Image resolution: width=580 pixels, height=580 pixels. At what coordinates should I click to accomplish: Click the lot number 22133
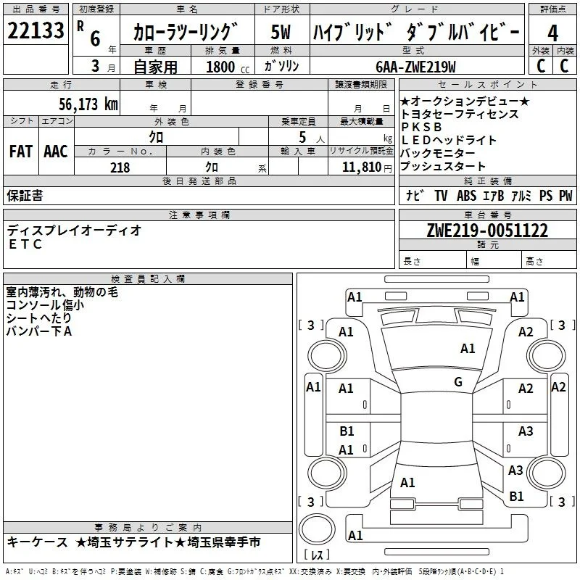(x=36, y=30)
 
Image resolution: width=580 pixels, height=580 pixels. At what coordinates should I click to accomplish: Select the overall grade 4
(x=552, y=33)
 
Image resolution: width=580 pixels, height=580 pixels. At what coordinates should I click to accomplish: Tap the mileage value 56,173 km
(x=88, y=104)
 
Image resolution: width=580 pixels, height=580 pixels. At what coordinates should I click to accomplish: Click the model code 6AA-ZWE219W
(x=415, y=67)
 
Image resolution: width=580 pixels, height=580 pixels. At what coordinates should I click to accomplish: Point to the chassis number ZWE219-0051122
(x=487, y=231)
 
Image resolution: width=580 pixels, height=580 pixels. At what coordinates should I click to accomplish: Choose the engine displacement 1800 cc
(x=228, y=67)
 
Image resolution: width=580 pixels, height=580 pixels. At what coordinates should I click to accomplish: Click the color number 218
(x=120, y=167)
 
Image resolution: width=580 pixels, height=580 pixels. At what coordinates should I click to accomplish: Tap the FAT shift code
(x=21, y=152)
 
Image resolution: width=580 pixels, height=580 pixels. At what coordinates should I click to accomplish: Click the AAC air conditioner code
(x=56, y=152)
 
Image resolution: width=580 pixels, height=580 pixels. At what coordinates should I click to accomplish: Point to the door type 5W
(x=281, y=32)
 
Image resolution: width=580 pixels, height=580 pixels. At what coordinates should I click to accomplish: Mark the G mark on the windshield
(x=458, y=382)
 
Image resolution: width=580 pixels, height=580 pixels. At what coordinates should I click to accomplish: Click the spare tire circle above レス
(x=317, y=530)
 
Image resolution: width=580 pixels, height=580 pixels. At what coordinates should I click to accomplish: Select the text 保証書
(x=25, y=196)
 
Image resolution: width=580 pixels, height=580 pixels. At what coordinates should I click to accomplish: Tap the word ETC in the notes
(x=25, y=244)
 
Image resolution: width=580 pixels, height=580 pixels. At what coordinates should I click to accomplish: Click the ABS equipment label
(x=466, y=196)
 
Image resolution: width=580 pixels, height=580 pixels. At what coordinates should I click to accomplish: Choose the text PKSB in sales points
(x=421, y=127)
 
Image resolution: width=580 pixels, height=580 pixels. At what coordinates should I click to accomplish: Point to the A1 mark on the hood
(x=468, y=349)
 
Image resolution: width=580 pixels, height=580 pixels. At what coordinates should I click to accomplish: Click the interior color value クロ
(x=212, y=167)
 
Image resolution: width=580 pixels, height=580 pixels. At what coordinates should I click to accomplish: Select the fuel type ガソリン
(x=281, y=66)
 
